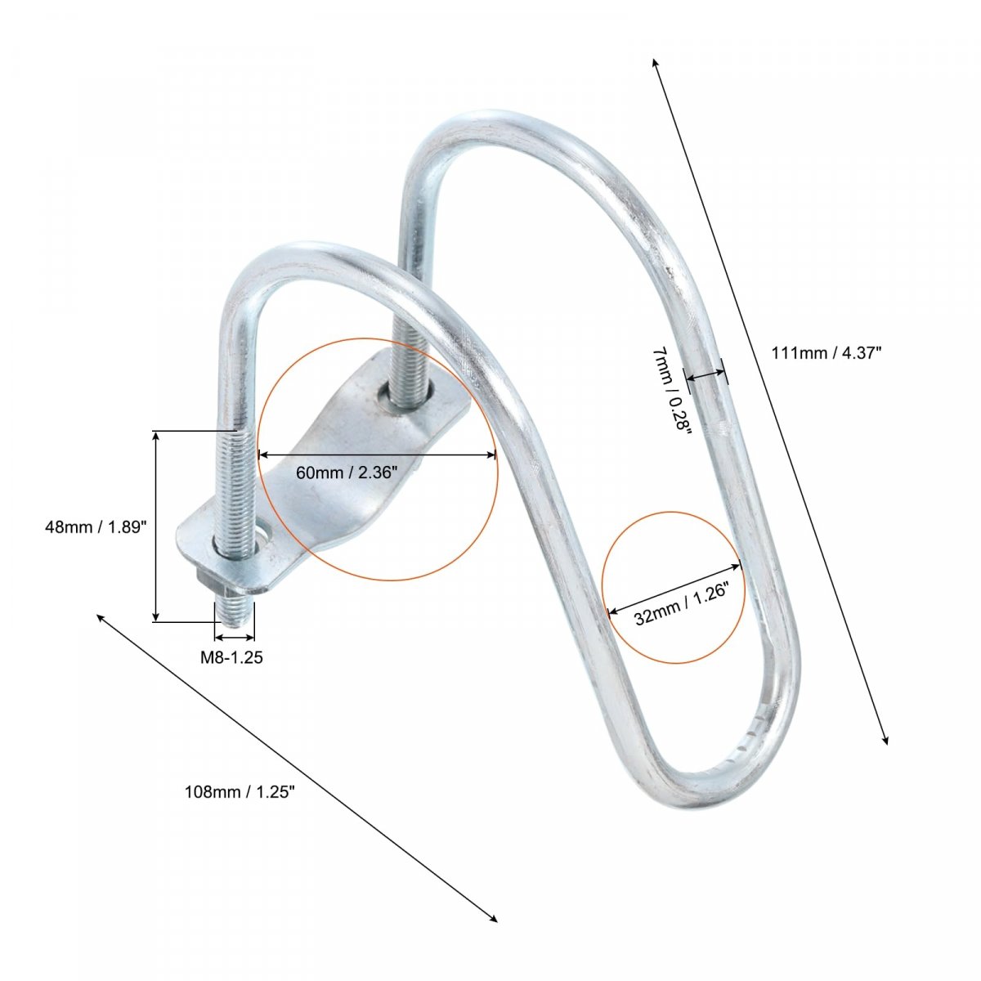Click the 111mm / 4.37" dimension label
click(826, 353)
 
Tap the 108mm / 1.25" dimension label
click(240, 791)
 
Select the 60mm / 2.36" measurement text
click(346, 473)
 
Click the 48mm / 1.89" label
click(96, 527)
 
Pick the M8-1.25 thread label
click(231, 657)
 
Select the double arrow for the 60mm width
click(377, 455)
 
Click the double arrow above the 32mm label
click(674, 588)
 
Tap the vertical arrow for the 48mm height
click(157, 526)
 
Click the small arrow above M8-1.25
click(234, 637)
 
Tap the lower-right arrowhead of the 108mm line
click(493, 918)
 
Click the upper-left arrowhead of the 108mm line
click(101, 618)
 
